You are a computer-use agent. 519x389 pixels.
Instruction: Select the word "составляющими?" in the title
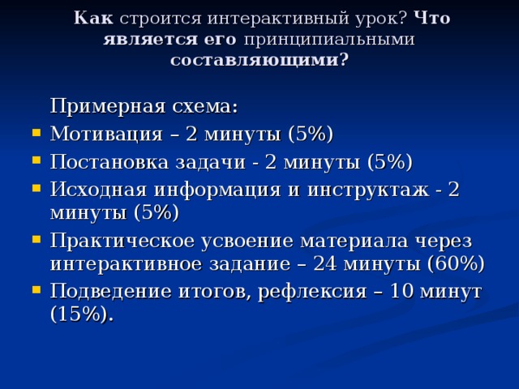click(260, 60)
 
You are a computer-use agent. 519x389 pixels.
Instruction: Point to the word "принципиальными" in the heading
click(330, 39)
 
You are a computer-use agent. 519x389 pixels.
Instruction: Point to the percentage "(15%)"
click(79, 315)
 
